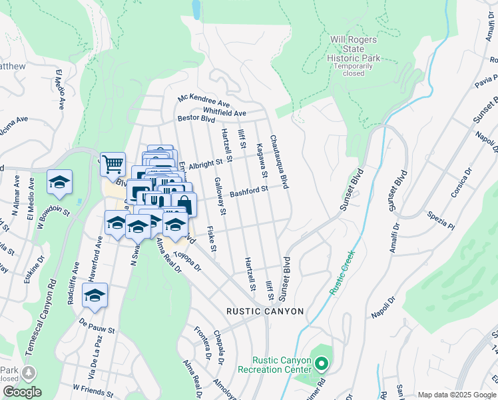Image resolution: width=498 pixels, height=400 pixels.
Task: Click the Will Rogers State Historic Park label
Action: pyautogui.click(x=354, y=49)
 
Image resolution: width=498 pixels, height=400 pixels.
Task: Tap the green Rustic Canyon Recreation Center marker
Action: pyautogui.click(x=322, y=364)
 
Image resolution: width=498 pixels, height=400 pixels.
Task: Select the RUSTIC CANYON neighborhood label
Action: pyautogui.click(x=265, y=311)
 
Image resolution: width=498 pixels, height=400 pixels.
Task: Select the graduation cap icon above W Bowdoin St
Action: pyautogui.click(x=59, y=181)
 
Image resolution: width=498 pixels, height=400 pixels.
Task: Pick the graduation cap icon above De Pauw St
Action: pyautogui.click(x=95, y=295)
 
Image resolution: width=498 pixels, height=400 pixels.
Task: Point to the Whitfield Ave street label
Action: pyautogui.click(x=225, y=113)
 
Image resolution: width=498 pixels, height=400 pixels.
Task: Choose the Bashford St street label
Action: pyautogui.click(x=249, y=191)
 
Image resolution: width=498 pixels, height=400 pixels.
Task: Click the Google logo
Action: pyautogui.click(x=22, y=392)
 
